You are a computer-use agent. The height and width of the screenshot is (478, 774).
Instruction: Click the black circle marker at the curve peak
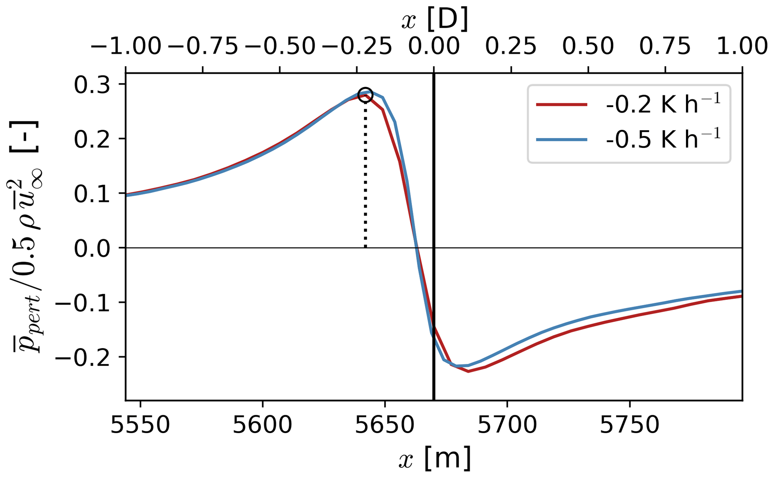[x=365, y=95]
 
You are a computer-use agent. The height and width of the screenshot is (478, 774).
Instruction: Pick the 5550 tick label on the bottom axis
[x=140, y=426]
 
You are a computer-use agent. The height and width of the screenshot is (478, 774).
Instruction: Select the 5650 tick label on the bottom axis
[x=385, y=426]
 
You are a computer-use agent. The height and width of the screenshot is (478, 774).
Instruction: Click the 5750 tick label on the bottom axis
[x=629, y=426]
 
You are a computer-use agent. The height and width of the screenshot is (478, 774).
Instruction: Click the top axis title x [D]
[x=434, y=19]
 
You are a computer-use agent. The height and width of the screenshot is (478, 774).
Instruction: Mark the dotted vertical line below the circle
[x=365, y=176]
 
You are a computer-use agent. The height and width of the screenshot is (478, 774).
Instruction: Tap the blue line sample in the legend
[x=562, y=140]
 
